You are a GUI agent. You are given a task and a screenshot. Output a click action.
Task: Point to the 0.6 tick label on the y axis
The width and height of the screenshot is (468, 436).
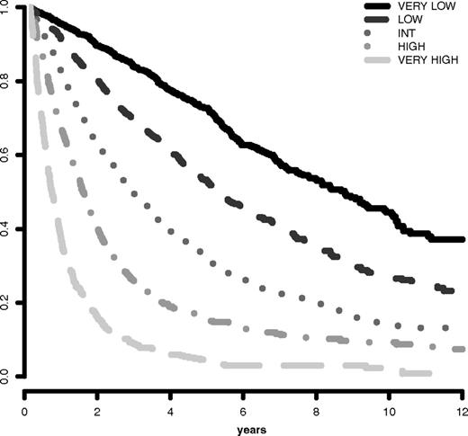(7, 156)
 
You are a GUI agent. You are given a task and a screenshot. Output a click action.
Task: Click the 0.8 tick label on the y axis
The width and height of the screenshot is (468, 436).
(7, 82)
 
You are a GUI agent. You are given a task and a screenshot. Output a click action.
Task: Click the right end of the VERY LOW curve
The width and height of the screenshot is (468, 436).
(462, 240)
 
